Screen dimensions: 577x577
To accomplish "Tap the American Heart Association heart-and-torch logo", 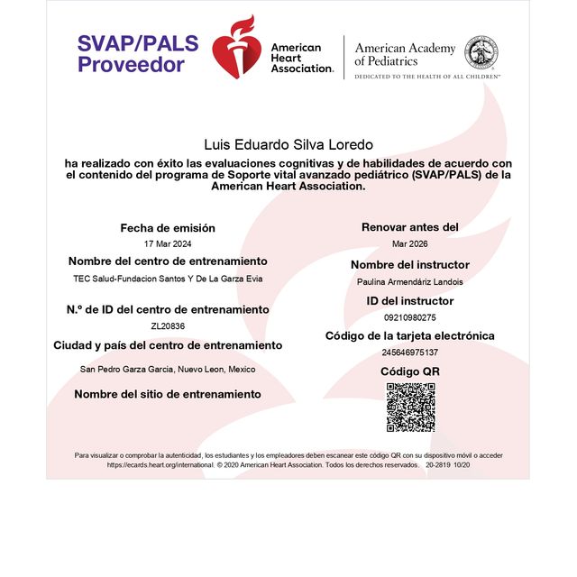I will [234, 47].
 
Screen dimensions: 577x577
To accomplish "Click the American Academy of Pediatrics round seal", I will [481, 51].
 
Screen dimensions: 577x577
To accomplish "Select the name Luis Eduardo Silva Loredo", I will [288, 144].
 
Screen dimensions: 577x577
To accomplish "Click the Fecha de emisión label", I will [168, 228].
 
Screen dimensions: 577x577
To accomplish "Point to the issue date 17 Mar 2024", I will [168, 244].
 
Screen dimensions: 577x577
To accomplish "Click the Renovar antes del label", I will [409, 227].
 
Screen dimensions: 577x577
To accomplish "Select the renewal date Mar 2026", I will [409, 244].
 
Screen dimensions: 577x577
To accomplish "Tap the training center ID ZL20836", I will [168, 325].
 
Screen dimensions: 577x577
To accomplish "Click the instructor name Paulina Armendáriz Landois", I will [409, 282].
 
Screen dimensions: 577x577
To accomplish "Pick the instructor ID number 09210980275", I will [409, 317].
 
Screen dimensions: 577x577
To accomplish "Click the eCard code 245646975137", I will [409, 353].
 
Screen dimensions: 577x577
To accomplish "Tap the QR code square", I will [410, 407].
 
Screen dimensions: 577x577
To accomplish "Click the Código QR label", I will [409, 371].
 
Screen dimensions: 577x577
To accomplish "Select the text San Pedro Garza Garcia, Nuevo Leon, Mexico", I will [168, 369].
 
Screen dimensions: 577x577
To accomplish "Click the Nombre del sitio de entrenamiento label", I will [168, 394].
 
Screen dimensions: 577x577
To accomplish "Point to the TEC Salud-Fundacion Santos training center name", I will [168, 279].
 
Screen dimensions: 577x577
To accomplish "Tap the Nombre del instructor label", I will [409, 265].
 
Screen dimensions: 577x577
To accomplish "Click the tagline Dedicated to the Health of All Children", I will [426, 78].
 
